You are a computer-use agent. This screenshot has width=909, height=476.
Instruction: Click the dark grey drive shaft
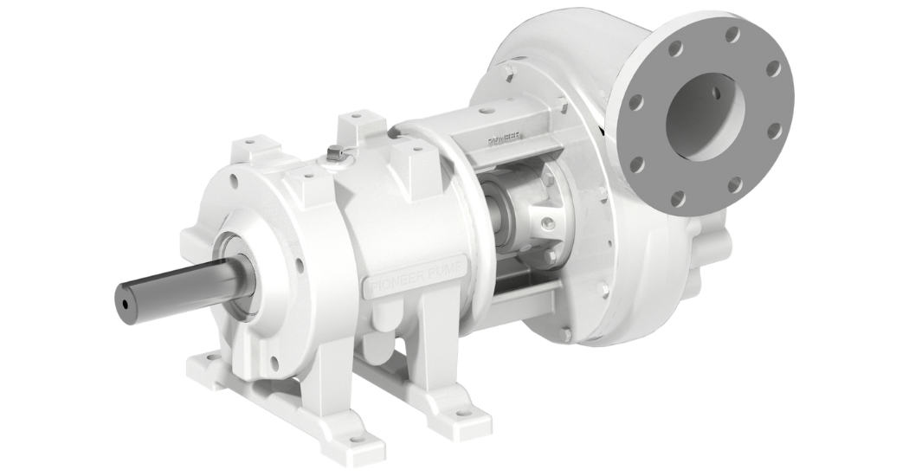173,291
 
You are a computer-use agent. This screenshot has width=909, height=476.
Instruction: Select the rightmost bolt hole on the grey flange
773,130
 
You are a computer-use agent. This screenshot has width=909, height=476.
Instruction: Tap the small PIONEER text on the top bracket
506,138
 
